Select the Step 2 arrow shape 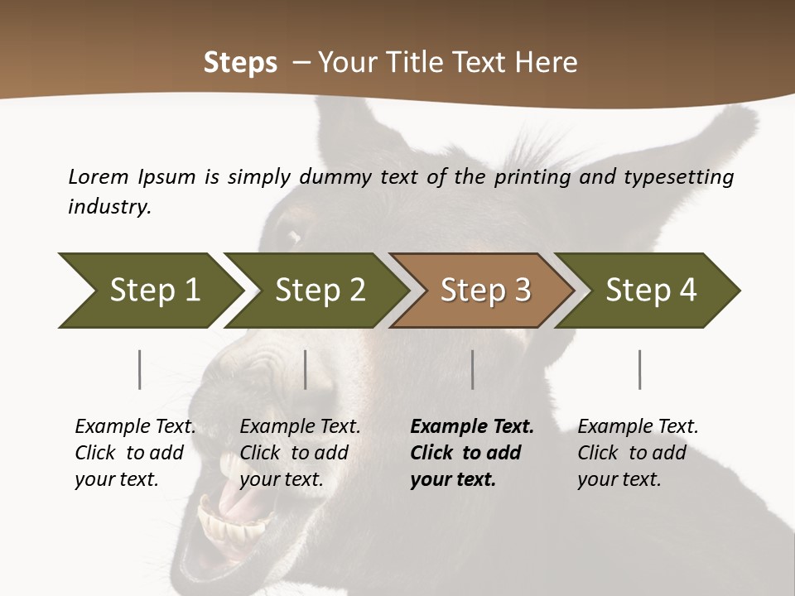tap(318, 291)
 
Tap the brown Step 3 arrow tap(484, 291)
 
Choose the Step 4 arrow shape tap(650, 291)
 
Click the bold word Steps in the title tap(240, 63)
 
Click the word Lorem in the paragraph tap(99, 176)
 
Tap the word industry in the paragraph tap(109, 206)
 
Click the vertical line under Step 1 tap(140, 369)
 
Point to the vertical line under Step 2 tap(306, 369)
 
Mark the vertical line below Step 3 tap(473, 369)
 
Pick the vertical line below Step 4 tap(640, 369)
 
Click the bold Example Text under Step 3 tap(472, 427)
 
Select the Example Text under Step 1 tap(135, 427)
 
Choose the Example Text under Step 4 tap(638, 427)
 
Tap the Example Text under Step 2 tap(300, 427)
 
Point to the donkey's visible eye tap(291, 235)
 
